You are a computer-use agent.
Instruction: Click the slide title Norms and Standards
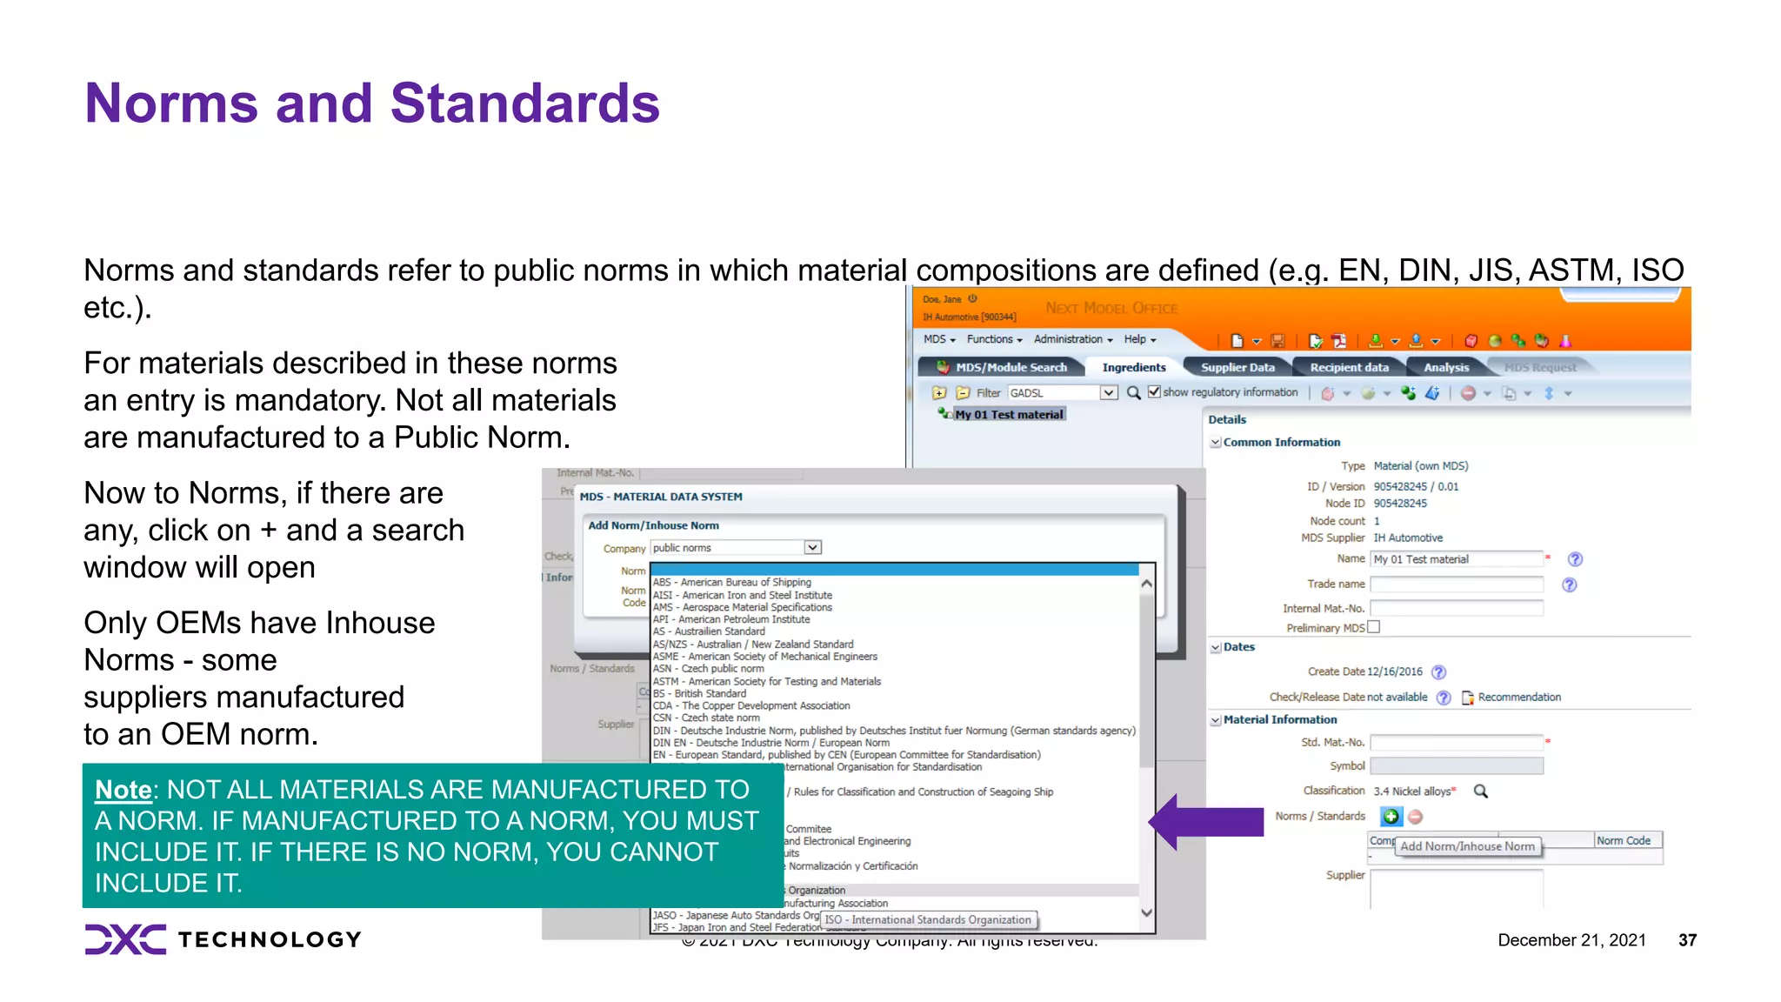coord(372,104)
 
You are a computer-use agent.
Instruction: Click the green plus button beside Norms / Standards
coord(1391,817)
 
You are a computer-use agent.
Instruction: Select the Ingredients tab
coord(1133,368)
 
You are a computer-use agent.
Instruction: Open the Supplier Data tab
coord(1237,368)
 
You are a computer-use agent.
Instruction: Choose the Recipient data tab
coord(1349,368)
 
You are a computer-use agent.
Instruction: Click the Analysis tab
coord(1445,368)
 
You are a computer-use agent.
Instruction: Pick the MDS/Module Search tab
coord(1011,368)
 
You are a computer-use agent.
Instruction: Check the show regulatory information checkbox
coord(1154,392)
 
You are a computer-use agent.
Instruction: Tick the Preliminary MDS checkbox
coord(1374,627)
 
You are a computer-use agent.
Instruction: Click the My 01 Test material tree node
coord(1009,415)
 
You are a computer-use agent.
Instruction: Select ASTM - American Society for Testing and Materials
coord(766,682)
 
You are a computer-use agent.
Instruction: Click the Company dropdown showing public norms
coord(736,548)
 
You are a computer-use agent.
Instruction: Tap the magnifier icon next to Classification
coord(1480,792)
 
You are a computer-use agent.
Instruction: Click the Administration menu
coord(1072,339)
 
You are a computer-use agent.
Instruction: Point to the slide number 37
coord(1687,940)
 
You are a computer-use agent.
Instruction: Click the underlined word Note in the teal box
coord(123,790)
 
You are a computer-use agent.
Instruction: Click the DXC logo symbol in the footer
coord(125,939)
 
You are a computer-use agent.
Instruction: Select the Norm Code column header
coord(1624,841)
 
